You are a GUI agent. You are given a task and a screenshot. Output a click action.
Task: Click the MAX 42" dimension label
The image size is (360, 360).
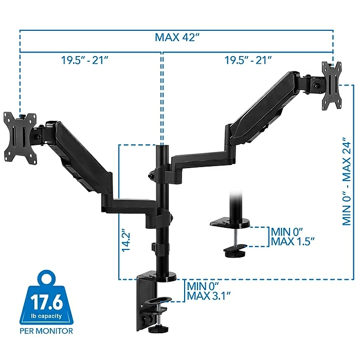click(176, 38)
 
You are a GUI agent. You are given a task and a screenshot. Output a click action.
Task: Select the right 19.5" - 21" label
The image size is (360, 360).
click(248, 60)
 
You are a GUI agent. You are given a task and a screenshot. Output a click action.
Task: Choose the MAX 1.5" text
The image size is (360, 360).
click(294, 241)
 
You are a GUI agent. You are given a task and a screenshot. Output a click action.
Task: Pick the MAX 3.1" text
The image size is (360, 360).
click(209, 295)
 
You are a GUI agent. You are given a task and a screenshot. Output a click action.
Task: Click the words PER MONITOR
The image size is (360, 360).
click(46, 331)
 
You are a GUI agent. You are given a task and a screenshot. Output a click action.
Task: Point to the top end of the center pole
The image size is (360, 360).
click(162, 147)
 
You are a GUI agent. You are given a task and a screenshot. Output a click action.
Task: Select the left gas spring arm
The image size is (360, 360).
click(77, 154)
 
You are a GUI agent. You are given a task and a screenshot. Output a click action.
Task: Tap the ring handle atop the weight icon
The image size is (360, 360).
click(46, 279)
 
